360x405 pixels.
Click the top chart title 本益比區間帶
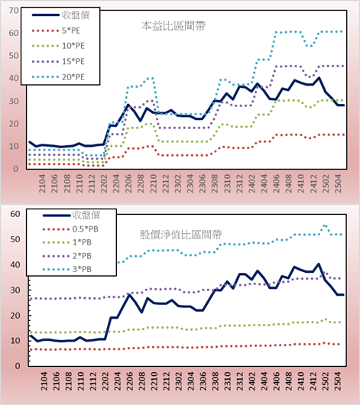[174, 26]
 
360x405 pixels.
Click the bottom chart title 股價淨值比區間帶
[180, 235]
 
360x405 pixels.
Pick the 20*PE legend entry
[58, 77]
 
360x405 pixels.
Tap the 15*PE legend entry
[58, 61]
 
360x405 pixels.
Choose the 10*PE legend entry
[58, 46]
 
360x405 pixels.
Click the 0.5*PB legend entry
[70, 229]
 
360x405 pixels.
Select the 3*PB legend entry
[67, 269]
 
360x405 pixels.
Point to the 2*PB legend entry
[67, 256]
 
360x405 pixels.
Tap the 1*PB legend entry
[67, 242]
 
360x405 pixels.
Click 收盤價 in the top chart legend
[60, 15]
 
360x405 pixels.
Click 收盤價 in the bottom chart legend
[71, 215]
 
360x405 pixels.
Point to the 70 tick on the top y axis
[14, 11]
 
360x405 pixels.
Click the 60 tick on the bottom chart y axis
[15, 214]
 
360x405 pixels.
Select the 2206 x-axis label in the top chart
[128, 183]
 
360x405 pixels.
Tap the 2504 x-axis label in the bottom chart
[338, 381]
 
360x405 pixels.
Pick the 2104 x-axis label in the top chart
[42, 183]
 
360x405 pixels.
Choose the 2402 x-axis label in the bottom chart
[251, 381]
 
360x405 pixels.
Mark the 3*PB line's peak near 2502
[325, 226]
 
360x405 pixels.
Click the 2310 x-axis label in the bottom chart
[227, 381]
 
